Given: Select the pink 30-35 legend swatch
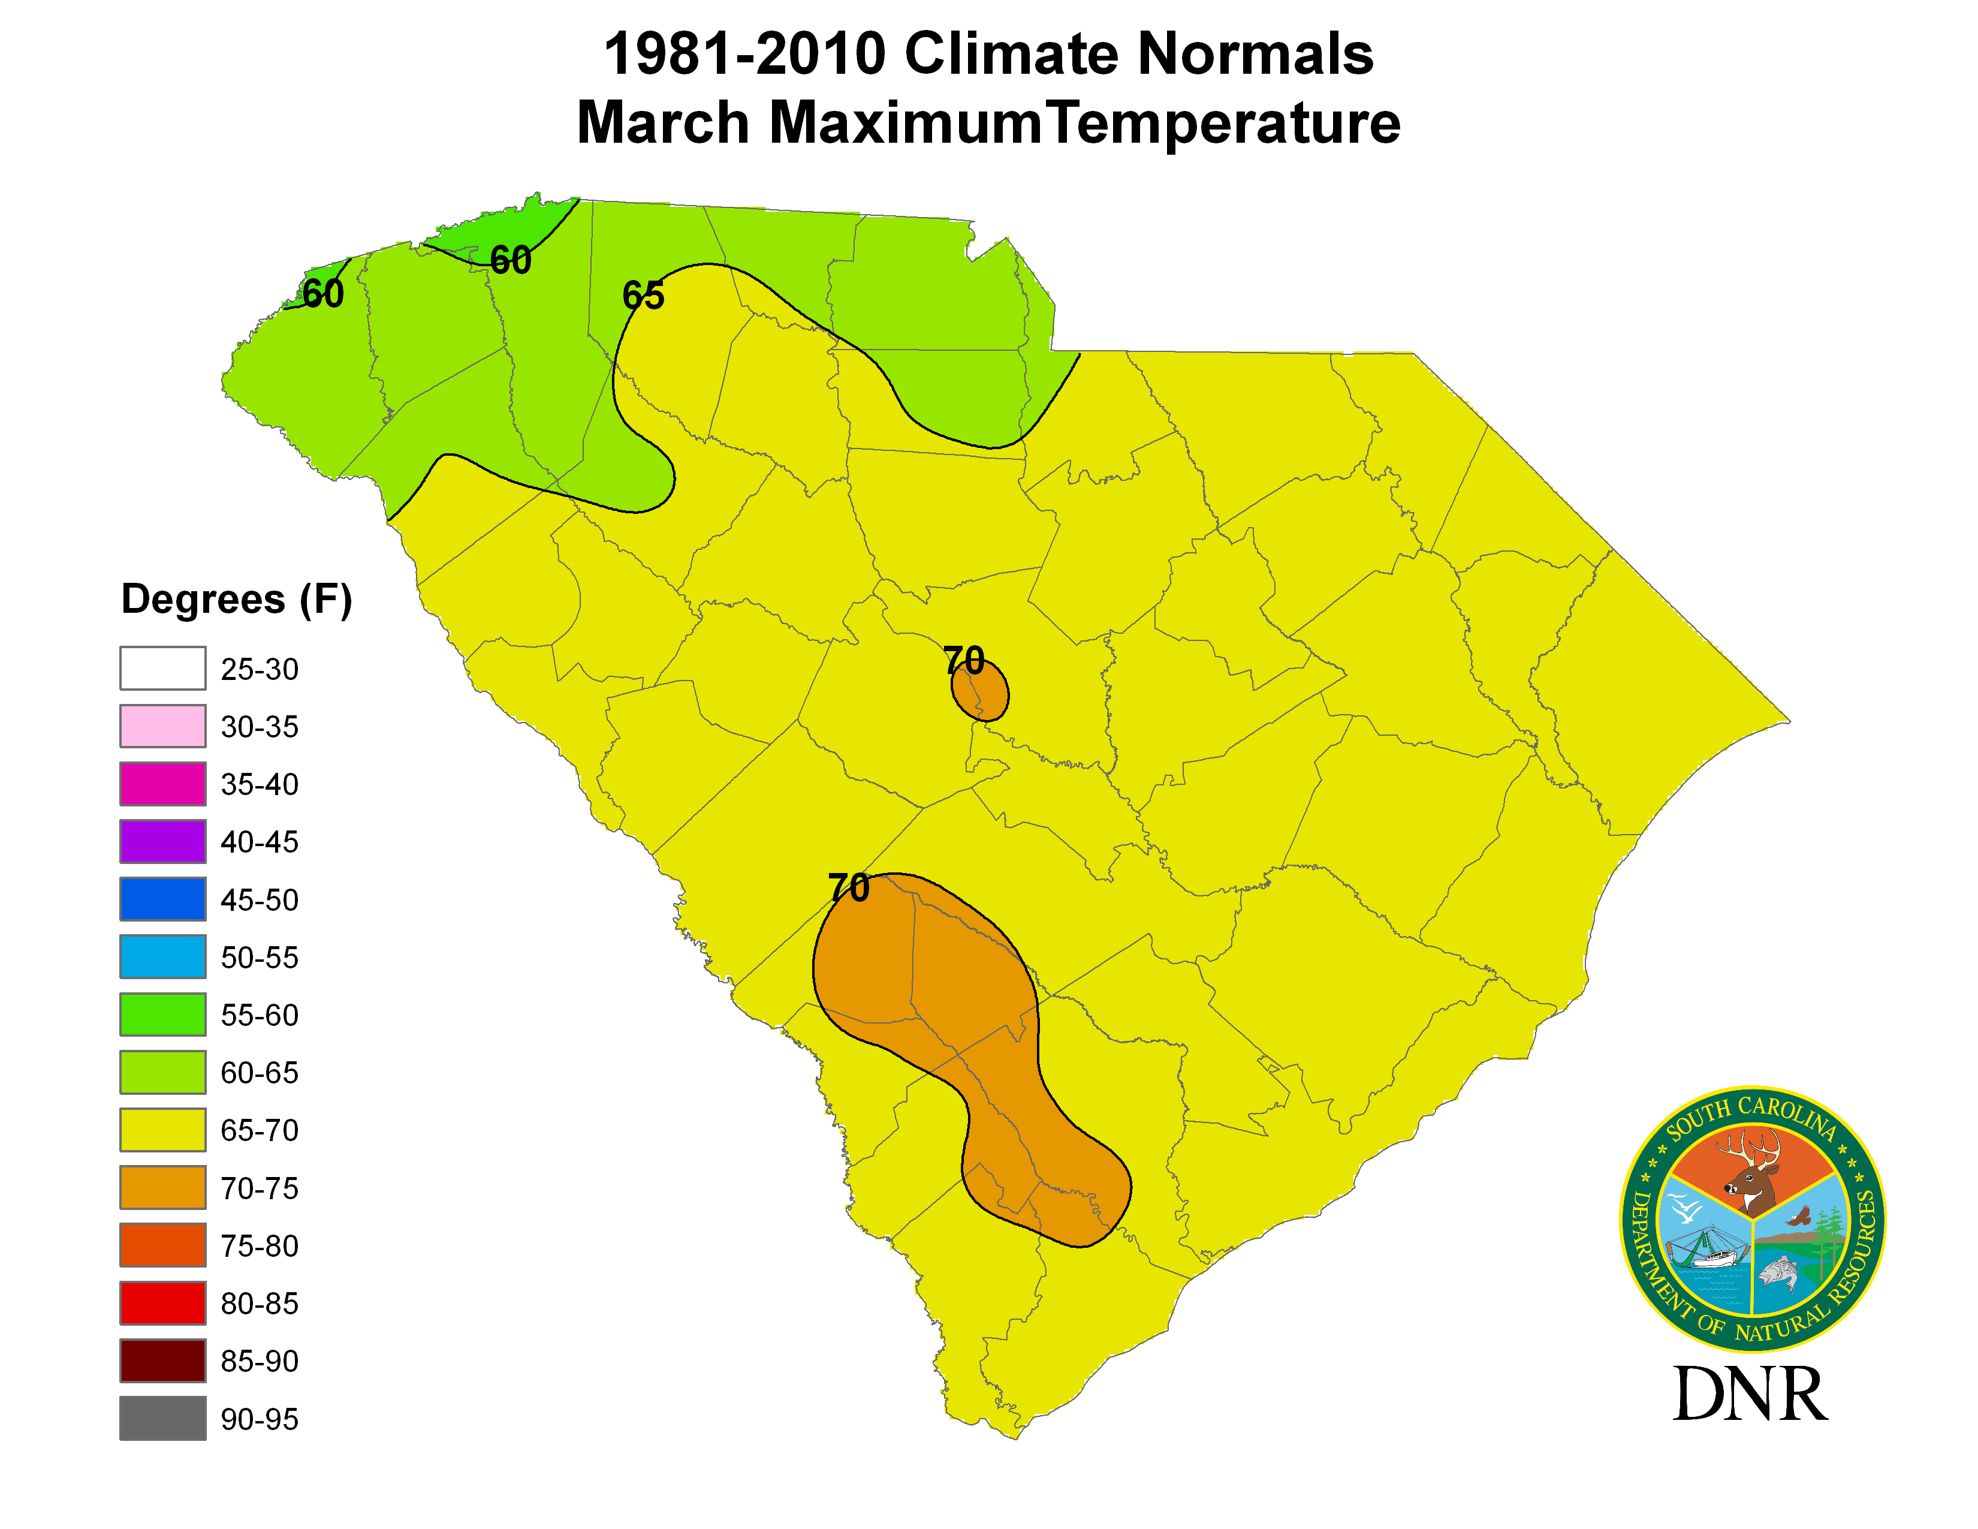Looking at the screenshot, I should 163,727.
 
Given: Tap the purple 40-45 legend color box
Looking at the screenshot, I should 163,841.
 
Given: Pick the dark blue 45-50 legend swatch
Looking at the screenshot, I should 163,899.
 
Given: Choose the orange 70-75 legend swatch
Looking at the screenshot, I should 163,1187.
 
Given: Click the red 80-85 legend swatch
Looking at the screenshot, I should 163,1304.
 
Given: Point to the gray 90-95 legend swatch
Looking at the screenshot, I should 163,1419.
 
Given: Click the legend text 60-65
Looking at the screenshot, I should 259,1073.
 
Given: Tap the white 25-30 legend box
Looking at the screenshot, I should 163,669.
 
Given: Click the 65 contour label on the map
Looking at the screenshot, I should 643,295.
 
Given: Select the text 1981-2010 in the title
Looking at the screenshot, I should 744,55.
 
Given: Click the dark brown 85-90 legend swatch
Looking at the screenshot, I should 163,1361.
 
